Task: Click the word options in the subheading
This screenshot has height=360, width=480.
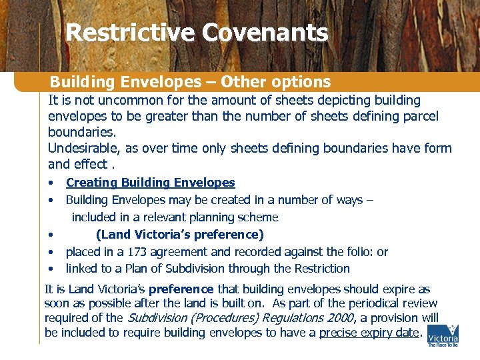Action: pos(301,82)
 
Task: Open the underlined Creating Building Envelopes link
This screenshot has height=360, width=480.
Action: pos(150,183)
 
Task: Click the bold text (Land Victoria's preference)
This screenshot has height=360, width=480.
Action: pos(180,235)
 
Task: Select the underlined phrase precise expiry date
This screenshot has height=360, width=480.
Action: pos(371,332)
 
